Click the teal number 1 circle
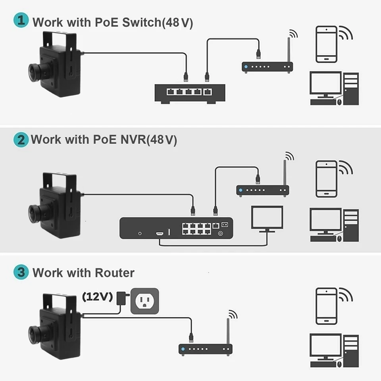point(21,21)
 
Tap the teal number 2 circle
point(21,140)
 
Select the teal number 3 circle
point(21,273)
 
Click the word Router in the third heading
point(115,273)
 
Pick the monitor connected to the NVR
point(267,219)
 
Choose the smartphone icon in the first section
point(326,44)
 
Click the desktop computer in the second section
point(333,225)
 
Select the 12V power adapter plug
point(120,298)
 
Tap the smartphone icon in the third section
point(326,306)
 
